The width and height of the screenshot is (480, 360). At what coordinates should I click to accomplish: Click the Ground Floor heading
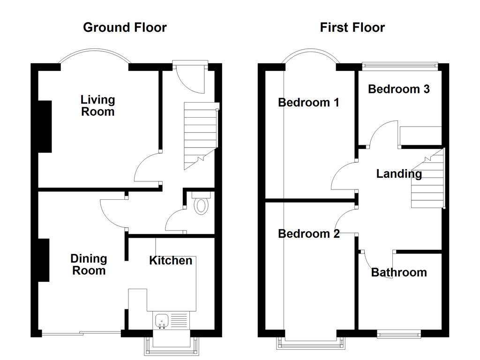(125, 28)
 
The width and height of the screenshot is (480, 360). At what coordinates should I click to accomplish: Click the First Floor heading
(352, 28)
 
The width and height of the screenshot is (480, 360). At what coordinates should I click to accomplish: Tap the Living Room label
(97, 105)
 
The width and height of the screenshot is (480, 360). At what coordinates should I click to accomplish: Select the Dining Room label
(89, 264)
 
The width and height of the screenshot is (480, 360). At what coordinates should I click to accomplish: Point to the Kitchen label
(171, 261)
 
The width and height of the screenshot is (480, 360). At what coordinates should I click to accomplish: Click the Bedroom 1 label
(308, 102)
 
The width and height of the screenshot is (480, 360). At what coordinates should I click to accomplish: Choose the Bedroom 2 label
(308, 233)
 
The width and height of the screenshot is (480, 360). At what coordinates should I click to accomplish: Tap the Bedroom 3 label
(398, 89)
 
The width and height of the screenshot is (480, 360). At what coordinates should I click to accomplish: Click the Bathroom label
(399, 272)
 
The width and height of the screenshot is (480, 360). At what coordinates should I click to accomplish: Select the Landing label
(399, 174)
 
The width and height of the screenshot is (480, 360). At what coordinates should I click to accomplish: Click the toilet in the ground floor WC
(201, 204)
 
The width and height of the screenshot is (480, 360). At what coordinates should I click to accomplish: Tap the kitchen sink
(162, 321)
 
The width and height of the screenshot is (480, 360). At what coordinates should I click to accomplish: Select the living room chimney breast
(45, 127)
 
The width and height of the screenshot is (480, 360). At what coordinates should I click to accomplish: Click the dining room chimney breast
(44, 260)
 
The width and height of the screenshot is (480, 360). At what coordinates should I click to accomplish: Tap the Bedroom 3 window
(400, 66)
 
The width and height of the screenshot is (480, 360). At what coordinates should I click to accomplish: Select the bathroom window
(399, 334)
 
